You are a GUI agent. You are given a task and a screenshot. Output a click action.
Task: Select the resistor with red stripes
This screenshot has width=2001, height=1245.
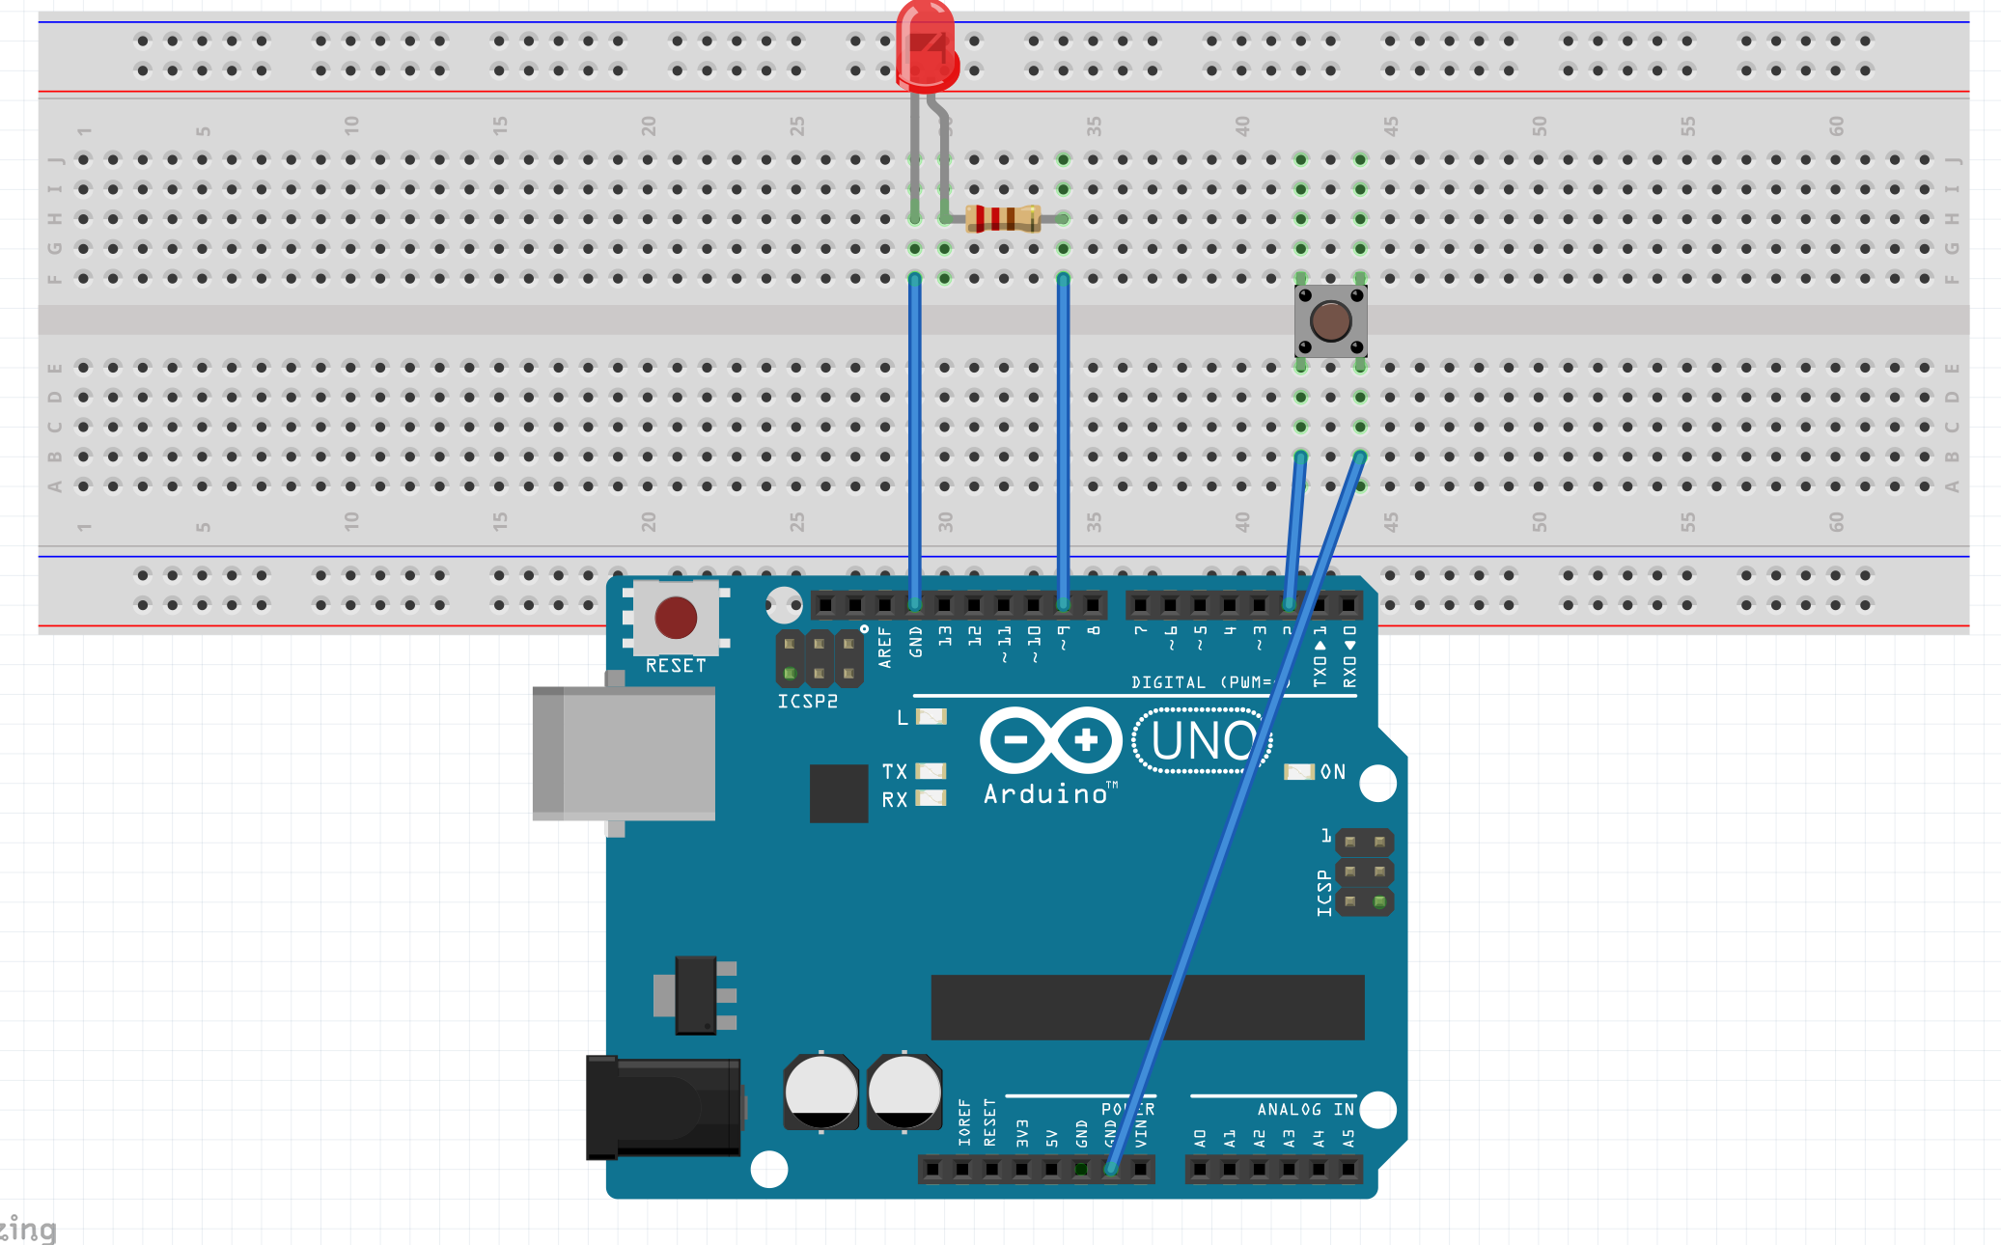point(1003,218)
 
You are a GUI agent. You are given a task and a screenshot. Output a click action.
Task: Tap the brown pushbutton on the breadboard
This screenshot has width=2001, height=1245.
point(1330,320)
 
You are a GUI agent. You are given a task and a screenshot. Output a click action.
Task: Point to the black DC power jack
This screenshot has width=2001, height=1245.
point(663,1106)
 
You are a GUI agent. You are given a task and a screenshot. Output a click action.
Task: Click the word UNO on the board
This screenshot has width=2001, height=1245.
point(1203,741)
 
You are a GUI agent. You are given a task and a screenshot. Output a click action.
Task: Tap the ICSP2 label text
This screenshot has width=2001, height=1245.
point(807,702)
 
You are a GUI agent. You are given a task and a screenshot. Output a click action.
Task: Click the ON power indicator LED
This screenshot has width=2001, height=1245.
point(1299,772)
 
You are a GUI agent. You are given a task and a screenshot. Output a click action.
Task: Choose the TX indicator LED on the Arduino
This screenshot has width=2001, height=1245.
point(931,771)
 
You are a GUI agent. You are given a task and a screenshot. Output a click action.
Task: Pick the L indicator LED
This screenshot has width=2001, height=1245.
point(931,716)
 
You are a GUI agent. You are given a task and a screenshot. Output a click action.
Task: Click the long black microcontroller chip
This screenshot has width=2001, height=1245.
point(1147,1007)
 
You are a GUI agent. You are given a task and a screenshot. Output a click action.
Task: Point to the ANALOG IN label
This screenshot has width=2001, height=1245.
point(1305,1110)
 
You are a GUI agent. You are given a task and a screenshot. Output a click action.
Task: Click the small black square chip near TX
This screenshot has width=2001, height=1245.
point(838,793)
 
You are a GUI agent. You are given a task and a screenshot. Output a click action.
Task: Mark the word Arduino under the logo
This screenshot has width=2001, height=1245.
point(1045,794)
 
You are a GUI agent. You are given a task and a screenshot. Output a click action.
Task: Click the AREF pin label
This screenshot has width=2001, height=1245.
point(884,647)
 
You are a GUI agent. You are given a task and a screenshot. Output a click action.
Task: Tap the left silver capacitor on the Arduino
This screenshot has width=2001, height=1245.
point(820,1092)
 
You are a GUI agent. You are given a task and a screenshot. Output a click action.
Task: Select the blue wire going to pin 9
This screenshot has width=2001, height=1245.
point(1063,434)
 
